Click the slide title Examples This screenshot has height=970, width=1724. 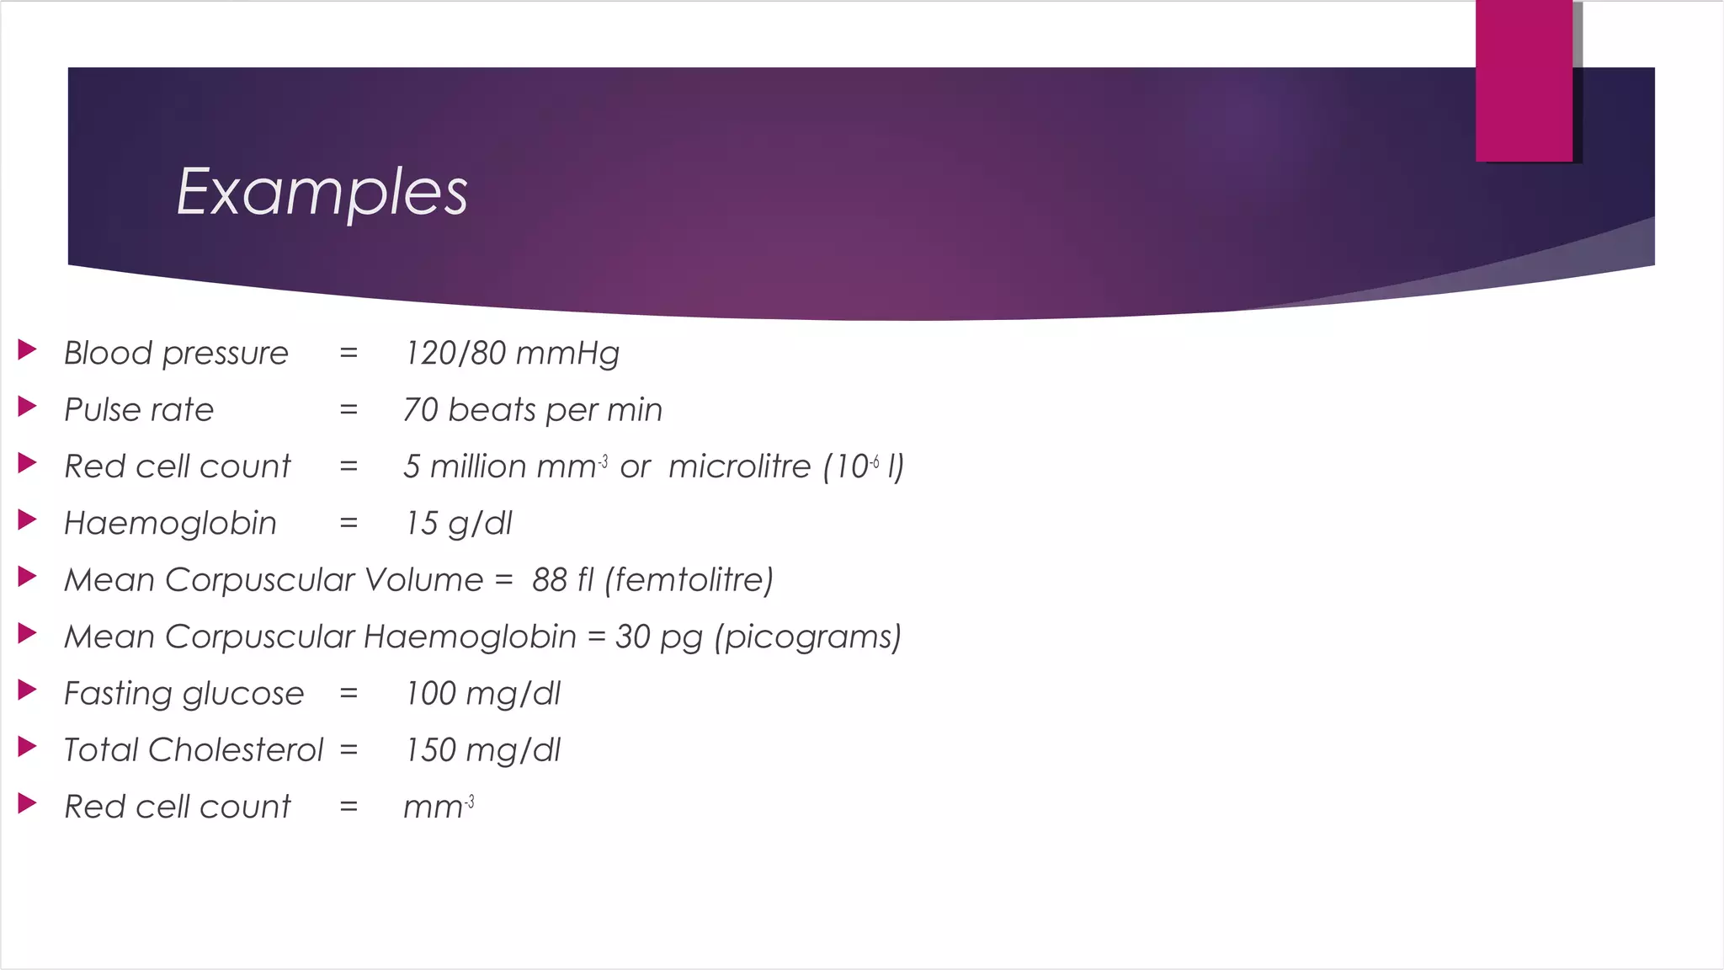click(x=322, y=192)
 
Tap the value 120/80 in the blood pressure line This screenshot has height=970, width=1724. click(x=455, y=354)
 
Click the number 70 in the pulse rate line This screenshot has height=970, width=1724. click(x=421, y=410)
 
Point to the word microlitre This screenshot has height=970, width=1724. click(x=739, y=466)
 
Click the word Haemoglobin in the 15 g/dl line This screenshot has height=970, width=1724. click(x=170, y=524)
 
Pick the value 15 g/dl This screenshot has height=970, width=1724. click(x=458, y=524)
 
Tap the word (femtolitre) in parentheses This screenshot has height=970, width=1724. click(x=689, y=580)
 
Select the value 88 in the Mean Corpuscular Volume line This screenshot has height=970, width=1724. click(x=550, y=580)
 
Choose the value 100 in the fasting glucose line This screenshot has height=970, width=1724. click(x=430, y=694)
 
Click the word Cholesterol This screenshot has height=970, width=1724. click(x=236, y=750)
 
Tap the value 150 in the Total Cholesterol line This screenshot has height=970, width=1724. click(x=430, y=750)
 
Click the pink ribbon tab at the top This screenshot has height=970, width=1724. click(x=1524, y=81)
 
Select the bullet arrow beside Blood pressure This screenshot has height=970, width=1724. click(x=27, y=349)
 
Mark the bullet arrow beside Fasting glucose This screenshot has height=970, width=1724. click(x=27, y=690)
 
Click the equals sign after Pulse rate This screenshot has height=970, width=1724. click(x=349, y=410)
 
